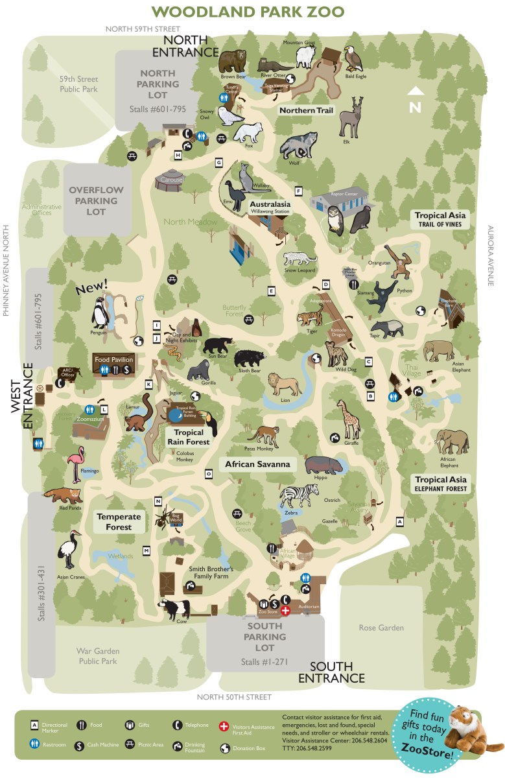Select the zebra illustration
[298, 496]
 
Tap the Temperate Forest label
[119, 522]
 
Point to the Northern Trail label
[306, 111]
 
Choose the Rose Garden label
[381, 628]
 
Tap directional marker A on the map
[400, 521]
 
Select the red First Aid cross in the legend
[224, 726]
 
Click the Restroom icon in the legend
[34, 744]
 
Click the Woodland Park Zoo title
[248, 12]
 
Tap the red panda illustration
[64, 496]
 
